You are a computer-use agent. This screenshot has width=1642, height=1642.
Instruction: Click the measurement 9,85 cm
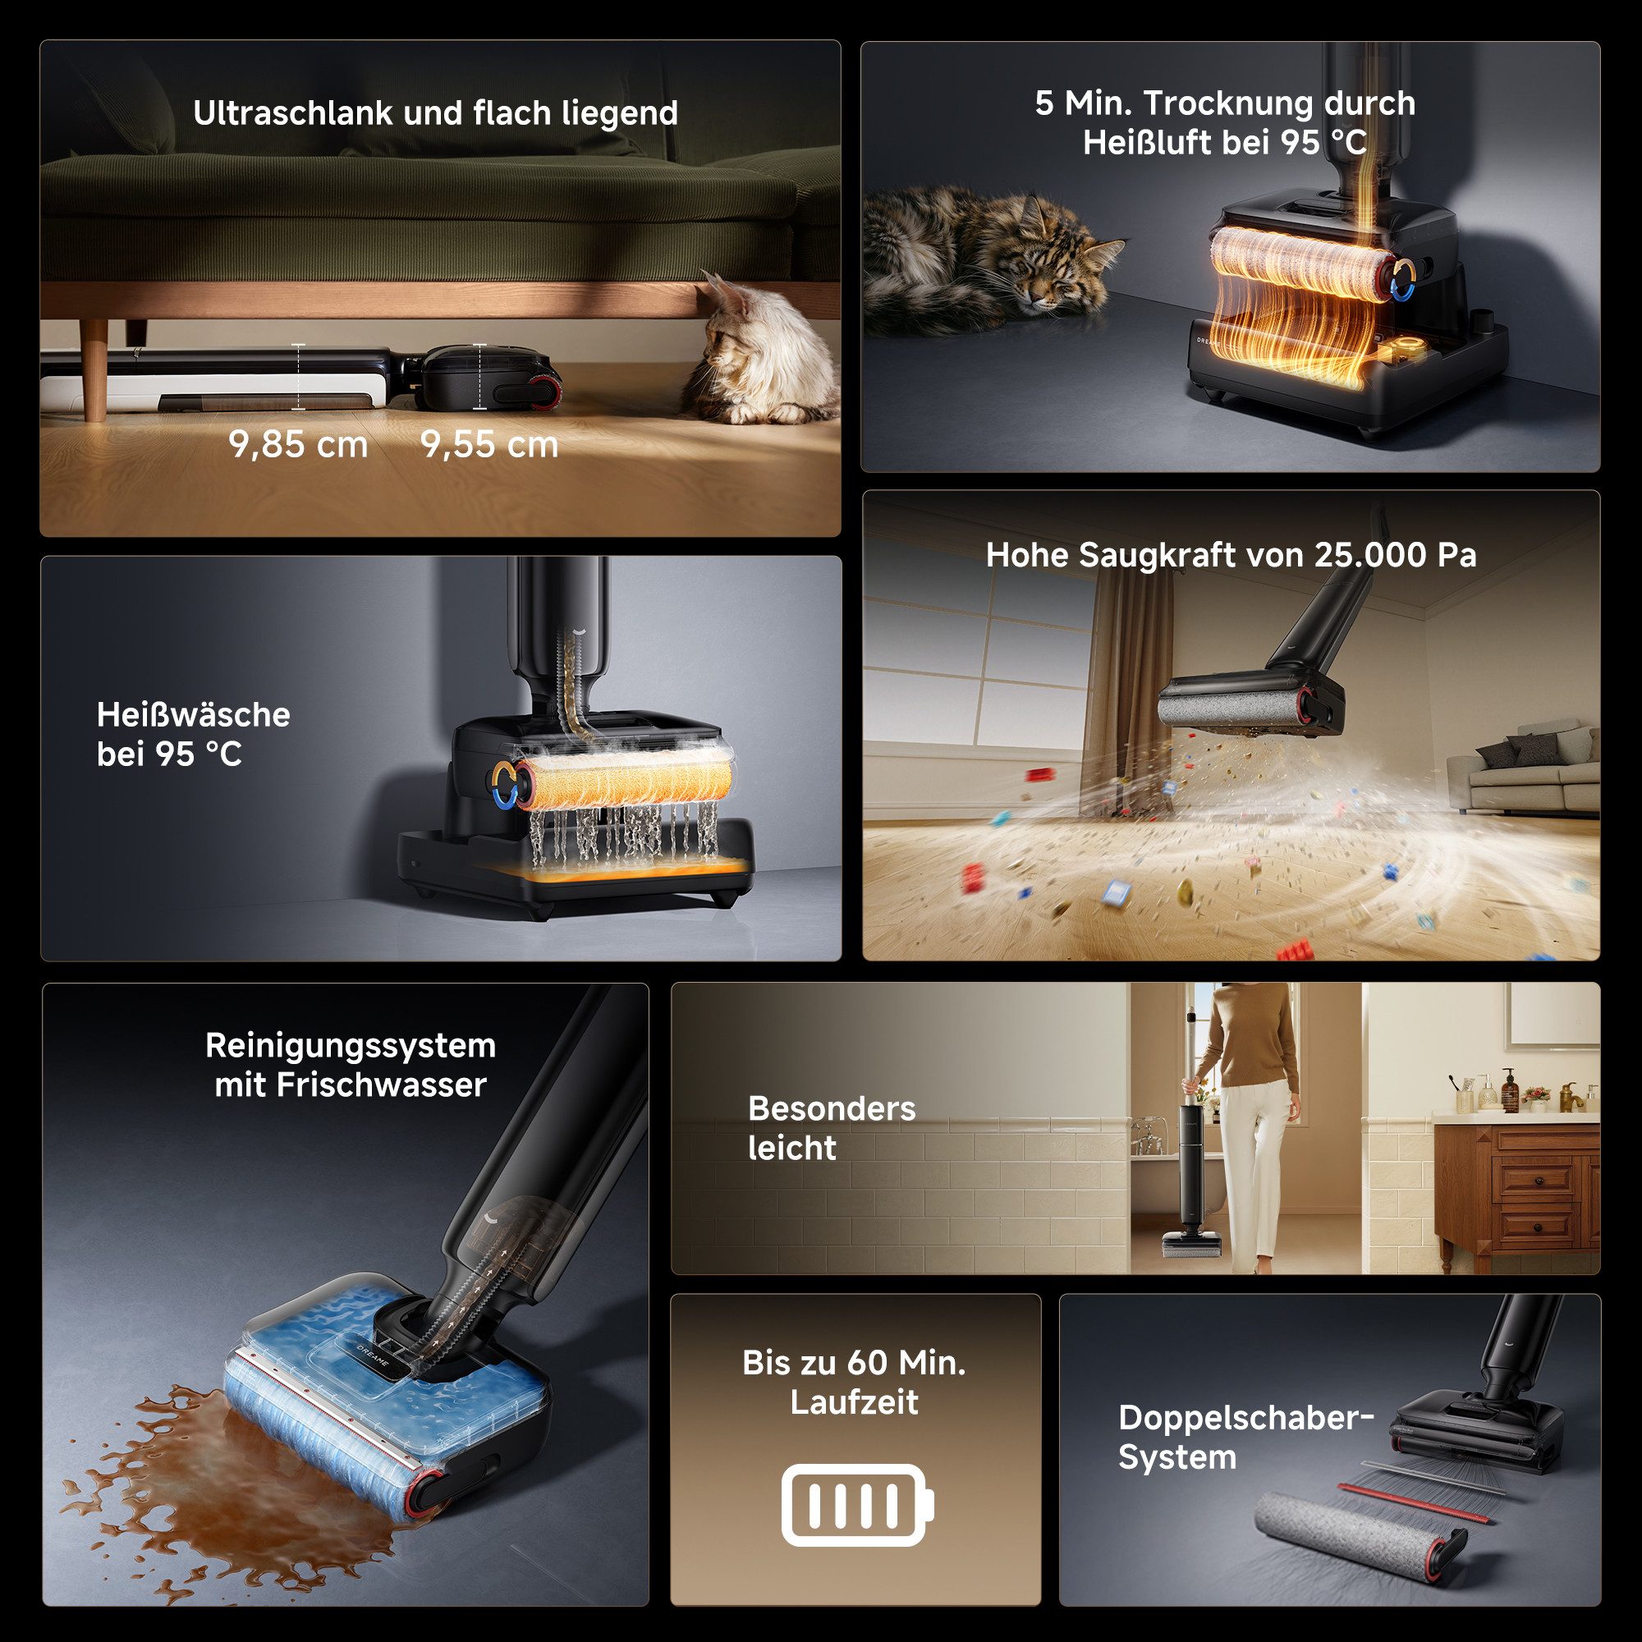(298, 445)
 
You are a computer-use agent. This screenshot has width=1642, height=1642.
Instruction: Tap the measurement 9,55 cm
(489, 445)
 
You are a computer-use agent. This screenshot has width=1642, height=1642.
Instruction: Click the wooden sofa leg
(96, 370)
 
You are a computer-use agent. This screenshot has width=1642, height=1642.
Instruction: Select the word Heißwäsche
(193, 715)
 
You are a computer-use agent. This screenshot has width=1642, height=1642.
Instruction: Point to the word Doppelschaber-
(1246, 1418)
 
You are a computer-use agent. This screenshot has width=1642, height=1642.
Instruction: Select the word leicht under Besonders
(792, 1149)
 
